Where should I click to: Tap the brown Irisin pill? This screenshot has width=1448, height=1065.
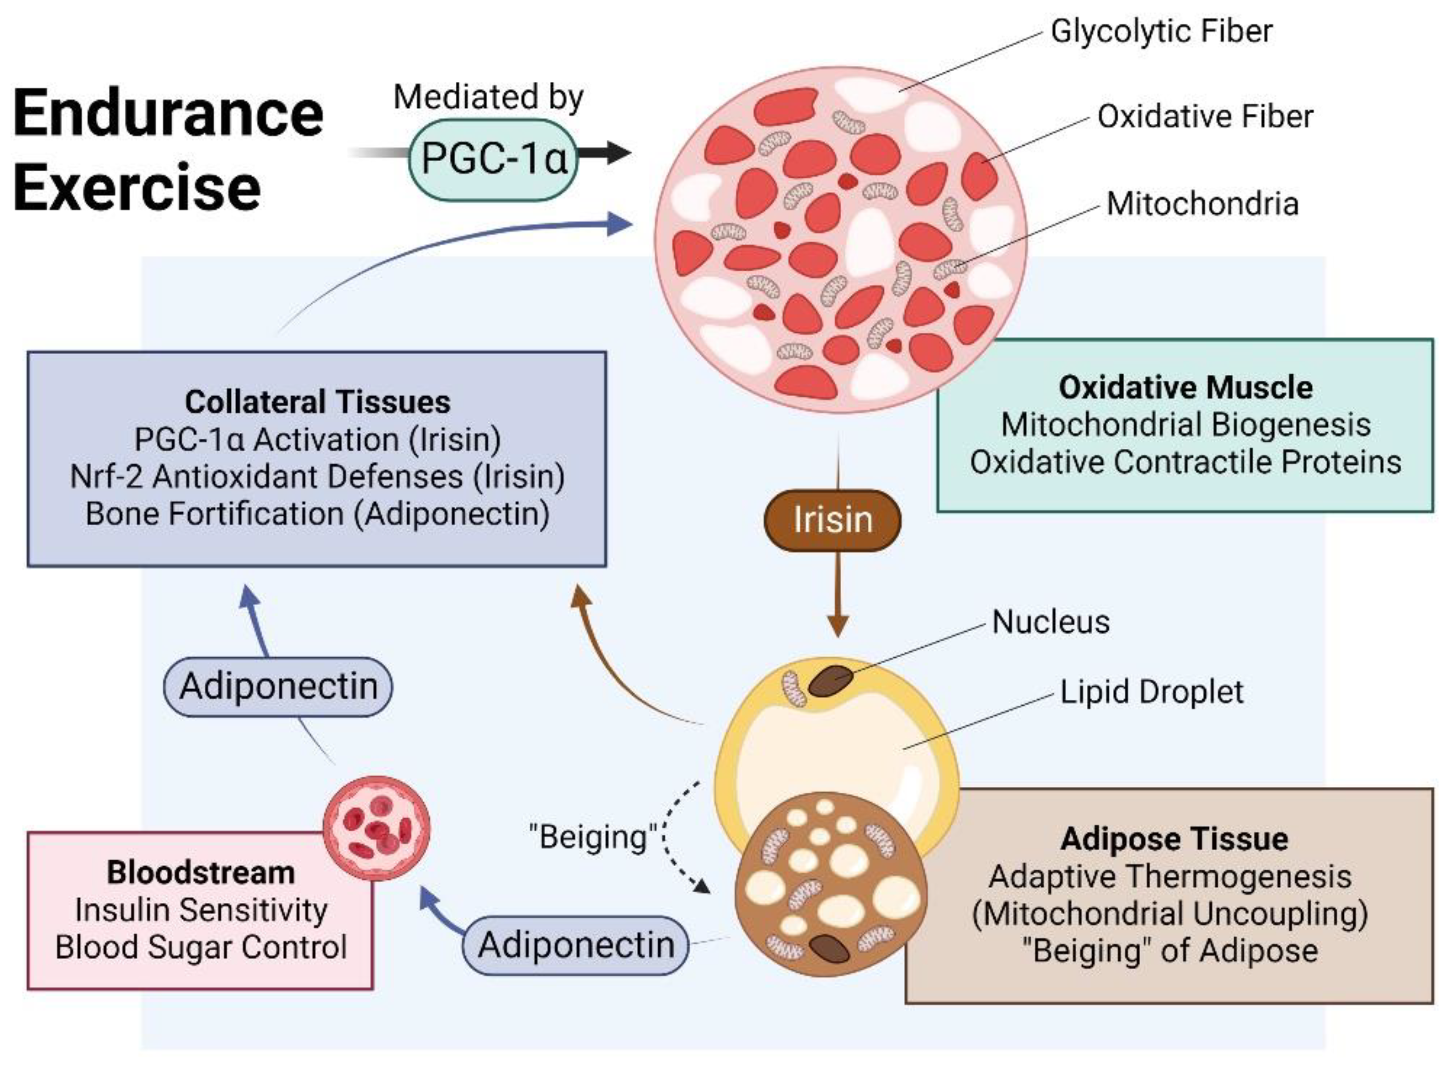(832, 519)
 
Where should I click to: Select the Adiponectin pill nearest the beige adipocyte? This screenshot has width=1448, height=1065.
(576, 945)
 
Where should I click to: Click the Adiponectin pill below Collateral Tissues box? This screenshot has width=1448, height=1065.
(278, 686)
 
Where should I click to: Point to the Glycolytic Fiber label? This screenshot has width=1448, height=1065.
(1161, 31)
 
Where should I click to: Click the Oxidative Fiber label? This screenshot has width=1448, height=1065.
(1205, 116)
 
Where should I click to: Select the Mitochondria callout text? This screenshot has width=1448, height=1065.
(1202, 204)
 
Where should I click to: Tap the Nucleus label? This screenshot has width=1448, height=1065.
(1051, 622)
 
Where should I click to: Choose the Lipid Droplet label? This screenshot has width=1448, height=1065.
(1151, 692)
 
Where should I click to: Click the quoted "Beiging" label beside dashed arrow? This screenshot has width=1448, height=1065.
(592, 837)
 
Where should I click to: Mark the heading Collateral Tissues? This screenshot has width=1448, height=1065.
(317, 401)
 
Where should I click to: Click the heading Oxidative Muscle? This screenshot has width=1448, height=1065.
(1185, 388)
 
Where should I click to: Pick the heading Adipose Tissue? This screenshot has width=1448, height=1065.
(1174, 838)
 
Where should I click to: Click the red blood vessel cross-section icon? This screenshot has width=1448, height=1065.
(376, 828)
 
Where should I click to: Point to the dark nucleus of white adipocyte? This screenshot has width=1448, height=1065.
(831, 681)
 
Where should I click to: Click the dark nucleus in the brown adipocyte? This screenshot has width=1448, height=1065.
(830, 947)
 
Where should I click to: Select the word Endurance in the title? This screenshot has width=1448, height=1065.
(168, 113)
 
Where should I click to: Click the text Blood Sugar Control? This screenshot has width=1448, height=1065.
(200, 947)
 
